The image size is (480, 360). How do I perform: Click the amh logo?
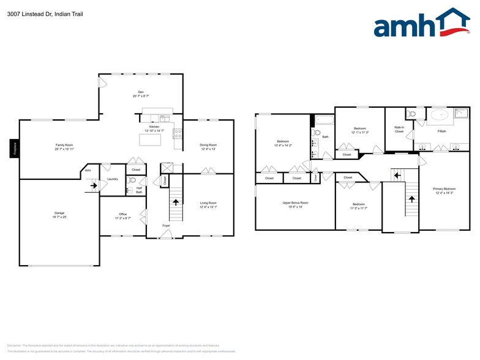(x=421, y=24)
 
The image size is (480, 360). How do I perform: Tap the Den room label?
(x=141, y=92)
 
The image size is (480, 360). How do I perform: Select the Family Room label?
(x=64, y=144)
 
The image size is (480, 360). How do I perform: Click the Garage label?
(x=59, y=213)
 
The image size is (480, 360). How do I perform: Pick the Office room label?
(x=123, y=214)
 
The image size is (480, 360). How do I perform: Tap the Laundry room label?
(x=112, y=179)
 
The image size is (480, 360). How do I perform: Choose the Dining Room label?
(x=208, y=144)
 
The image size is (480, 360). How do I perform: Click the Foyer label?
(x=167, y=225)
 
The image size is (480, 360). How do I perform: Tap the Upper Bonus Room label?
(x=295, y=202)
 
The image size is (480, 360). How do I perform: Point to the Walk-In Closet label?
(x=399, y=129)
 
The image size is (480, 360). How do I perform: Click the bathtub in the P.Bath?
(x=440, y=114)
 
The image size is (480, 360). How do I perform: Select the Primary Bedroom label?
(x=444, y=189)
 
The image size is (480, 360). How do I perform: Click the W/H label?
(x=88, y=170)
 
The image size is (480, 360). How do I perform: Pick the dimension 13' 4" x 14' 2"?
(x=284, y=145)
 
